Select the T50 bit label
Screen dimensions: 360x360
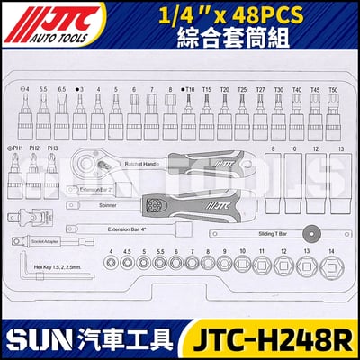click(334, 89)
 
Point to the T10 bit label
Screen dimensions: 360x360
click(187, 89)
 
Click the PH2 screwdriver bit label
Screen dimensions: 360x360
click(35, 148)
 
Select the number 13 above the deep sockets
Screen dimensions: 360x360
click(337, 148)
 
